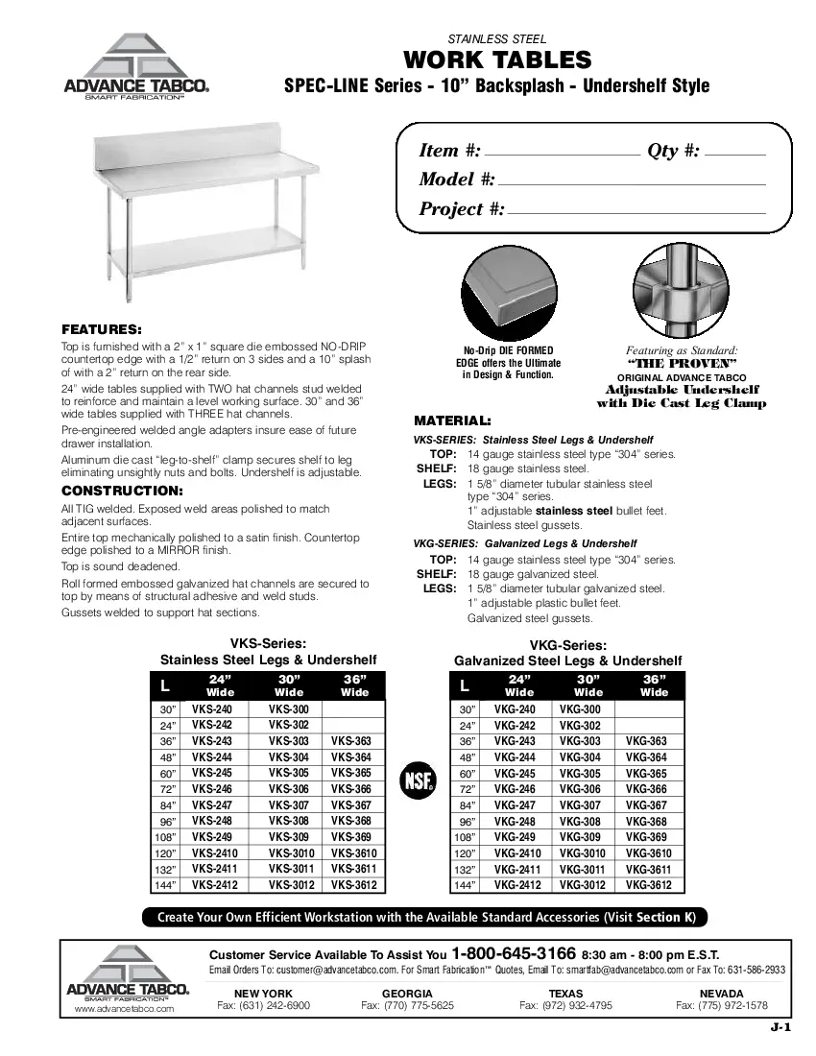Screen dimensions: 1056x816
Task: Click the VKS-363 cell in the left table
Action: (x=350, y=741)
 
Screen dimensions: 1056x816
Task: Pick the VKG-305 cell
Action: (x=579, y=773)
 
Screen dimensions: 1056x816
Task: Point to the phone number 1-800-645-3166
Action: (x=514, y=954)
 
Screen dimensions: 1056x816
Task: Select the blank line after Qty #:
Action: (x=734, y=155)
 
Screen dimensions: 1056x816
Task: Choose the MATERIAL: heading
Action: (x=452, y=421)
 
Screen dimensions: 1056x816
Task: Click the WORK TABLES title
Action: (x=497, y=60)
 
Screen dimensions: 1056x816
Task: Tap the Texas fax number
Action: (x=565, y=1005)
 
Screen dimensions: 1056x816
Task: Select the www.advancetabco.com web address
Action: (x=124, y=1010)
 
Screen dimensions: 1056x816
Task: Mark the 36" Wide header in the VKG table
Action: (x=654, y=685)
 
